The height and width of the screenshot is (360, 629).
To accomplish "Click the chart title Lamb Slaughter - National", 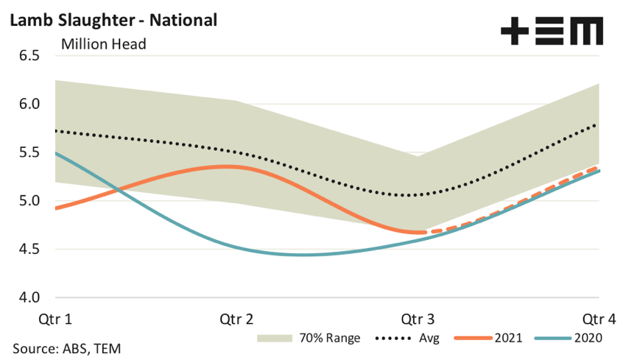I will [113, 20].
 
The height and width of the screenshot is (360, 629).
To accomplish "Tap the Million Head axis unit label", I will [104, 43].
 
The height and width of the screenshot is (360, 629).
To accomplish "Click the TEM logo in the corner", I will [552, 32].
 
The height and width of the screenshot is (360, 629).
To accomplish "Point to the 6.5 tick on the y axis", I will [26, 55].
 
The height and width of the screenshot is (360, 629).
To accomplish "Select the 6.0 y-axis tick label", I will [26, 104].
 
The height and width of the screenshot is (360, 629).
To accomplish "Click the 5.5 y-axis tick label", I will [26, 152].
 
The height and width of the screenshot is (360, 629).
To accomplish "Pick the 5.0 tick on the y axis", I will [26, 201].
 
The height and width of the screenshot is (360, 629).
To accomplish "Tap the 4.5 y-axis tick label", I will [26, 250].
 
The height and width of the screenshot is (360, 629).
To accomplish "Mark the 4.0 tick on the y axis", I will [26, 298].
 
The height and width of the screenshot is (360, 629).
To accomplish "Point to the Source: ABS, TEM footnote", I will [66, 347].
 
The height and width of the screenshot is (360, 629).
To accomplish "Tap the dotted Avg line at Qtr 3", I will [418, 195].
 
